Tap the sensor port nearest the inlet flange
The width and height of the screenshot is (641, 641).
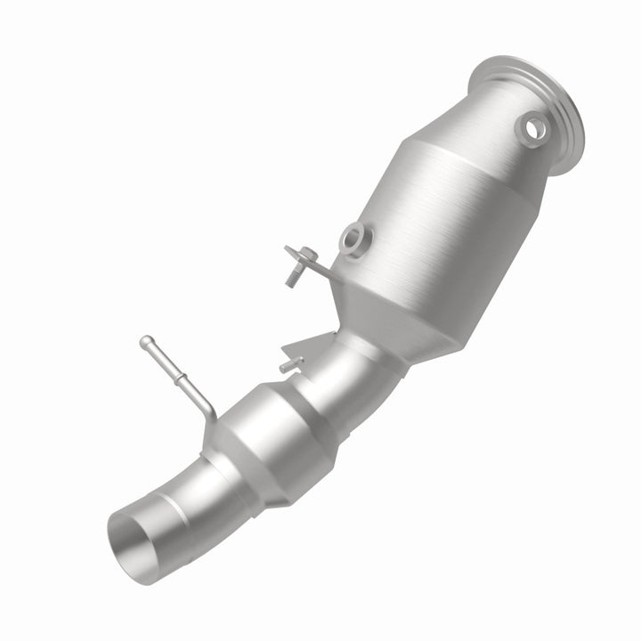[x=532, y=129]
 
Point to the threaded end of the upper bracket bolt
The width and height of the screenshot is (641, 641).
[x=290, y=279]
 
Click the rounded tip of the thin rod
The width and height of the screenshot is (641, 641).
[x=144, y=341]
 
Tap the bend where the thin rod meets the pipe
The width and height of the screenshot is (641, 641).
[x=209, y=411]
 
